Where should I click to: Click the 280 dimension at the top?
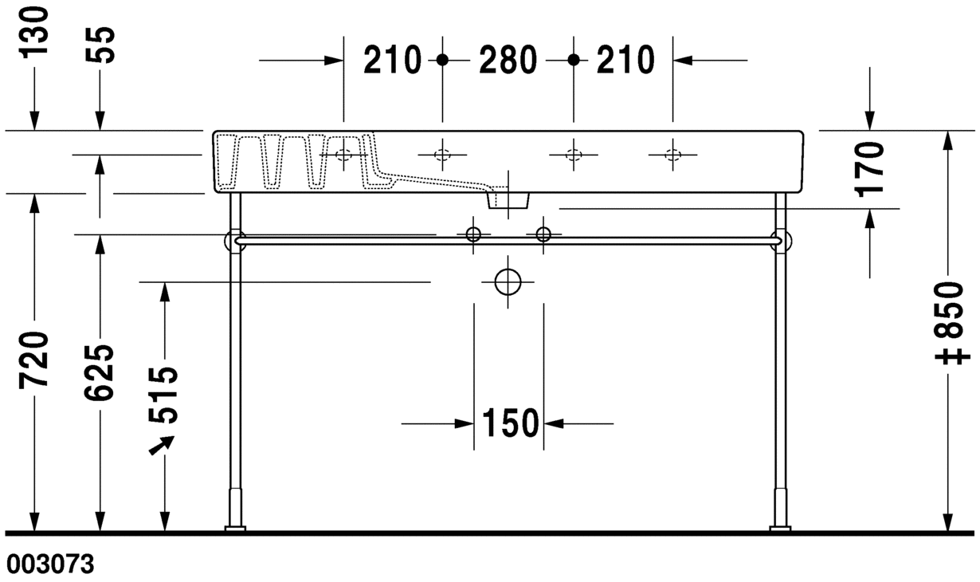click(508, 60)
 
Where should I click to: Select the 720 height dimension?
click(33, 360)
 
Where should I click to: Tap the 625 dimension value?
click(100, 372)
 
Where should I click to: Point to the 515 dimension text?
click(163, 395)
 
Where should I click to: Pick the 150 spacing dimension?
click(510, 423)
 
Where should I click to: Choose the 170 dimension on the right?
click(870, 169)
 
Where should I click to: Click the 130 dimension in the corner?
click(33, 32)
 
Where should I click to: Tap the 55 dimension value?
click(100, 45)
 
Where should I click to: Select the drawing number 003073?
click(50, 564)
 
